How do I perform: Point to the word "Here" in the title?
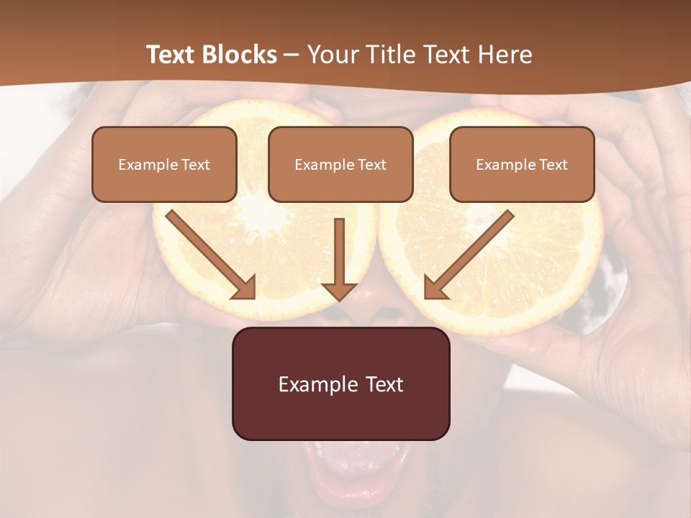click(507, 55)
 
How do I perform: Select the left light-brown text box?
click(164, 164)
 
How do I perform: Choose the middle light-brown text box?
click(340, 164)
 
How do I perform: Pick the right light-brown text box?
click(522, 164)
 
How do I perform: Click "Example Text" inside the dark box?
click(340, 384)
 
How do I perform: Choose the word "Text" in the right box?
click(554, 165)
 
